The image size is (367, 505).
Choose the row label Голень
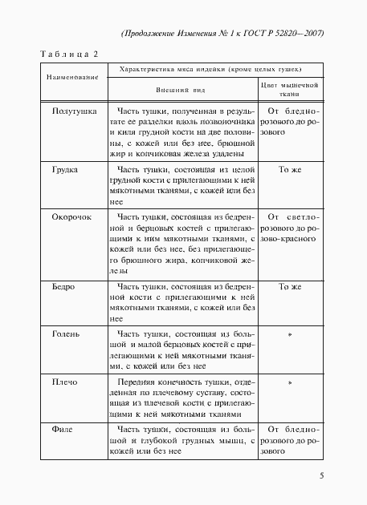pyautogui.click(x=67, y=333)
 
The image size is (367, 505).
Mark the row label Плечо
pyautogui.click(x=65, y=382)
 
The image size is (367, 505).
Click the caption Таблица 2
pyautogui.click(x=68, y=53)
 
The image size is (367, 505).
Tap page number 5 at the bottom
pyautogui.click(x=321, y=476)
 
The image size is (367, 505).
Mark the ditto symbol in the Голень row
pyautogui.click(x=290, y=333)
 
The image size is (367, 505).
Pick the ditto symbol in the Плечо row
pyautogui.click(x=290, y=383)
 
